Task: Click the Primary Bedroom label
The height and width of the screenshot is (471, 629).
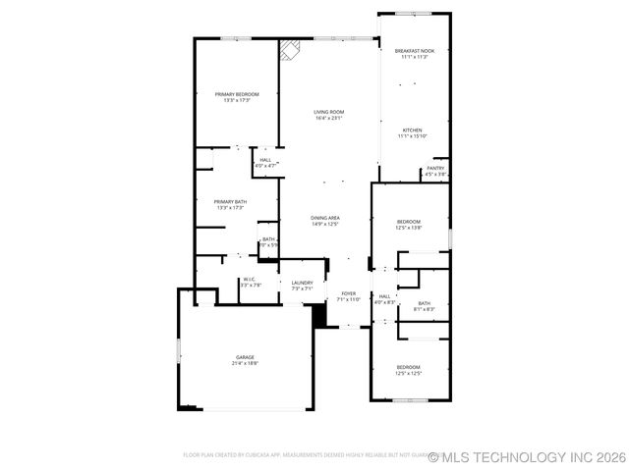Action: pos(237,94)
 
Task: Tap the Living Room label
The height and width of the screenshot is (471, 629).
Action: pos(328,113)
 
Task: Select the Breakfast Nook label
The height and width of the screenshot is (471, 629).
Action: pos(414,51)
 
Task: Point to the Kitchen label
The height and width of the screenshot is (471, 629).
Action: pos(412,131)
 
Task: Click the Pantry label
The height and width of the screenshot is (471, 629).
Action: pos(435,168)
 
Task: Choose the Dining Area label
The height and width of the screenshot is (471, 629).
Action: pos(325,217)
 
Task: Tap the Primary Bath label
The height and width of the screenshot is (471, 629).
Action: pos(230,202)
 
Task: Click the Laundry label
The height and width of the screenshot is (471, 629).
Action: pos(302,283)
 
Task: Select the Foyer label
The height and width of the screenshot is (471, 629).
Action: pos(348,293)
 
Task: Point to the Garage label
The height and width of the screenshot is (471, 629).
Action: pos(245,357)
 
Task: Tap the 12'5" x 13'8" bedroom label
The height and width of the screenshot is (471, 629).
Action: pos(408,222)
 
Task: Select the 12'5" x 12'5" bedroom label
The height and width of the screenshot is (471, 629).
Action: pos(408,367)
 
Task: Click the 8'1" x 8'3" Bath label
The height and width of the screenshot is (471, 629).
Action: pos(424,304)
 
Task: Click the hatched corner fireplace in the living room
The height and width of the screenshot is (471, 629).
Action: pos(288,49)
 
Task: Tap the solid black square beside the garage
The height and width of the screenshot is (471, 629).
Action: pos(318,314)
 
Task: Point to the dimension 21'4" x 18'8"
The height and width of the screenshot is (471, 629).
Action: pos(245,363)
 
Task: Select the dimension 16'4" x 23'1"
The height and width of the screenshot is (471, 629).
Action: pos(328,119)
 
